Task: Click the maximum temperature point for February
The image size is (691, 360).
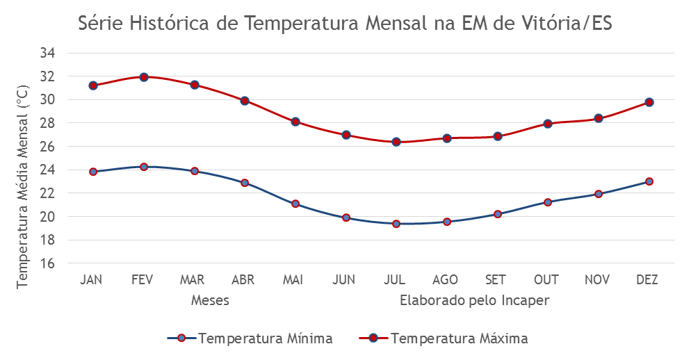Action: [144, 77]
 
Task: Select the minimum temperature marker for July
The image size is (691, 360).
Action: [396, 224]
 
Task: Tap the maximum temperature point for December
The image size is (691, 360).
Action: [649, 102]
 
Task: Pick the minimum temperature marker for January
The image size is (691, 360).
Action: [93, 172]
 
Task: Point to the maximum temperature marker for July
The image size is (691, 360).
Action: [396, 142]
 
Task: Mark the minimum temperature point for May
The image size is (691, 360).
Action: [295, 204]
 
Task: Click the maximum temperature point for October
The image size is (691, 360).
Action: [548, 124]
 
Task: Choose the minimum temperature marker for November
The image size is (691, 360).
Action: [599, 194]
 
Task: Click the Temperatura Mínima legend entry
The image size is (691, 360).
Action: [250, 338]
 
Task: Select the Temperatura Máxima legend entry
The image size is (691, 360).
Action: [444, 338]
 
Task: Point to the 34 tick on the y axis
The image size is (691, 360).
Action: [47, 53]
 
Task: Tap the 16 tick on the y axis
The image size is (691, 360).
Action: [47, 263]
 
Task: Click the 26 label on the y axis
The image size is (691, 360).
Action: [47, 146]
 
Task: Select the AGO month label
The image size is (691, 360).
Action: [445, 280]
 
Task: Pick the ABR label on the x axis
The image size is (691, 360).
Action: [243, 280]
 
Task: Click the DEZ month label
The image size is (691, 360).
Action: [647, 280]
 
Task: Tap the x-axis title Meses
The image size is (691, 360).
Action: [210, 300]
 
